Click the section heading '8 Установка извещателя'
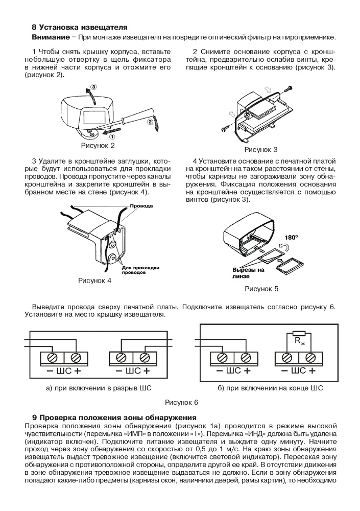click(79, 27)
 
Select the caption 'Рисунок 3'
click(261, 150)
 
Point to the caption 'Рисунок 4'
click(94, 281)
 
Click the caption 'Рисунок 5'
click(262, 289)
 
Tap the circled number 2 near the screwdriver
click(150, 122)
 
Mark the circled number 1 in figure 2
click(112, 136)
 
